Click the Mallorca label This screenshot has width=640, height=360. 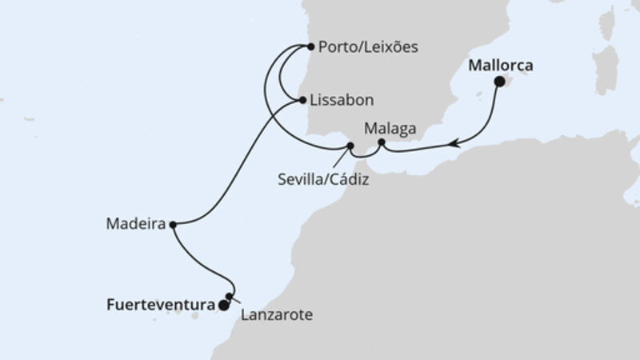[502, 64]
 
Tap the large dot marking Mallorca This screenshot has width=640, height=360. [499, 81]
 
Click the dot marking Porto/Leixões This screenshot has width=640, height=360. [310, 46]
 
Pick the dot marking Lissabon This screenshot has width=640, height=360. [302, 101]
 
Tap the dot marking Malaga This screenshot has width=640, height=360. [381, 143]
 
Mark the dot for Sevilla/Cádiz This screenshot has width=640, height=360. [350, 146]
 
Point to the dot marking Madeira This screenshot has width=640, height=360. [174, 225]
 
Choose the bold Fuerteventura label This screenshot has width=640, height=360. [159, 304]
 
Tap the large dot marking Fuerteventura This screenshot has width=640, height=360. [223, 305]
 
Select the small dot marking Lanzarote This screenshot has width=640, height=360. [229, 297]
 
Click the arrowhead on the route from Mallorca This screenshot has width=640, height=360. [454, 144]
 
